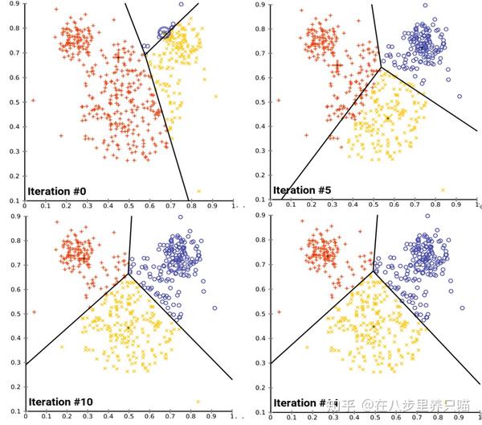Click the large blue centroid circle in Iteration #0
click(164, 33)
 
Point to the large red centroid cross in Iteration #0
click(118, 57)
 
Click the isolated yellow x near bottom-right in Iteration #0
click(198, 191)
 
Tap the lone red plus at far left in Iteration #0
click(33, 100)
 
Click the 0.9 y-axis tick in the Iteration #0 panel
click(13, 6)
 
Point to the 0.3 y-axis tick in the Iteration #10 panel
click(13, 363)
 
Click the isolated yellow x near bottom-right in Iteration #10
click(198, 401)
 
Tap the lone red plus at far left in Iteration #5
click(279, 100)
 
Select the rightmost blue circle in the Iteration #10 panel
click(215, 307)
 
